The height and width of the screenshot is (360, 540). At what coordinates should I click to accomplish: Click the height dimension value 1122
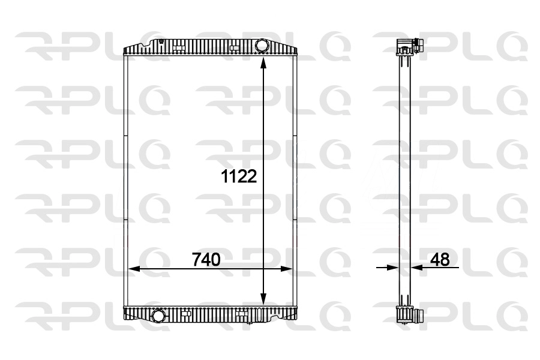coord(239,176)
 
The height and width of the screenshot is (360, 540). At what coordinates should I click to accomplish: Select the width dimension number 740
coord(206,260)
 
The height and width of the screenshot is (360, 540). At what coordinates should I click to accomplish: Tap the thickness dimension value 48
coord(440,260)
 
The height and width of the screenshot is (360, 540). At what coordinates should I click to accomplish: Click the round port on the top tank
coord(262,46)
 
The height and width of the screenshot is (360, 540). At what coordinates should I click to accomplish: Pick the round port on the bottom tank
coord(159,315)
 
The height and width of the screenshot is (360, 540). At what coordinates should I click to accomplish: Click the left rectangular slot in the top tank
coord(179,46)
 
